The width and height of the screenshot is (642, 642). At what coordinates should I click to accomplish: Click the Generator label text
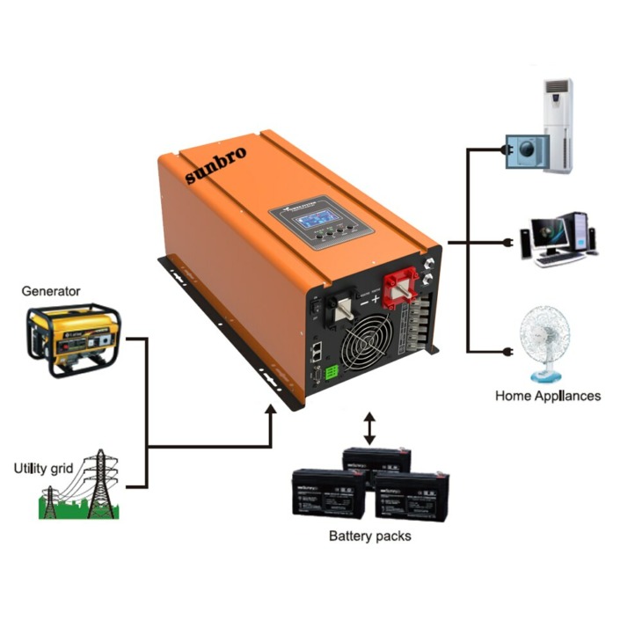click(x=51, y=291)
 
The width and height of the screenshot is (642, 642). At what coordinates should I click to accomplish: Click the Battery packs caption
click(x=369, y=536)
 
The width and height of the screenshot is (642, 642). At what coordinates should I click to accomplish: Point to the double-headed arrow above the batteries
click(x=369, y=427)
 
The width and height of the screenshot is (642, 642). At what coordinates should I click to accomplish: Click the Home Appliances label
click(x=548, y=396)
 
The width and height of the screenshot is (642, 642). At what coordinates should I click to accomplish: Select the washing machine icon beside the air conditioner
click(x=525, y=150)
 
